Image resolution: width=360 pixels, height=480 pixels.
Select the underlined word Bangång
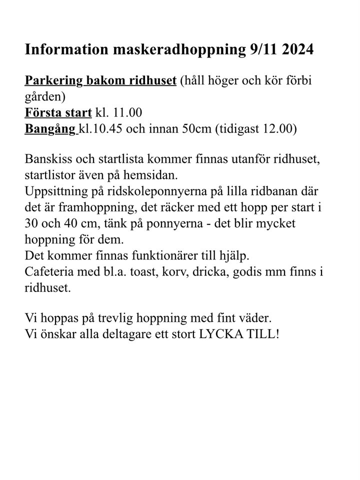coord(50,128)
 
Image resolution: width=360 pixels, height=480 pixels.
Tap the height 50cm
coord(195,128)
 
